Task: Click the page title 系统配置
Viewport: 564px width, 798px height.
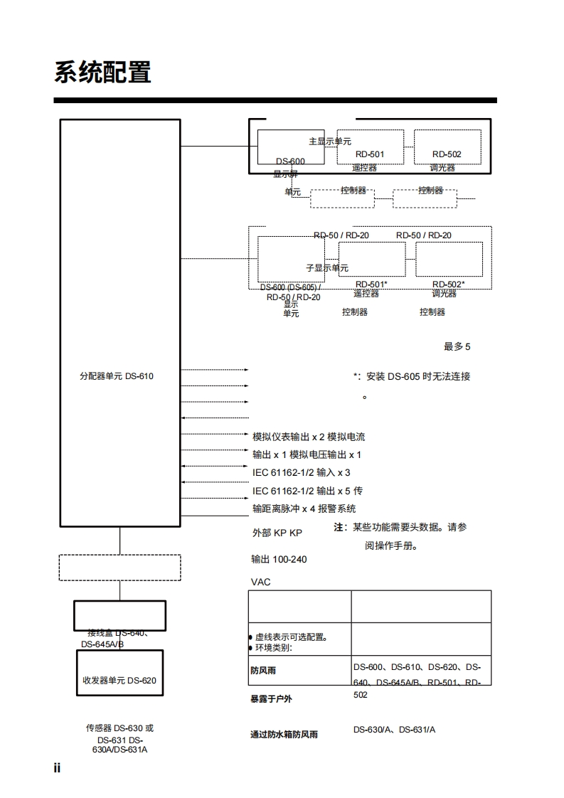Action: point(102,73)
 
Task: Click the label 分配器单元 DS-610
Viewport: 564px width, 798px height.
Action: point(116,376)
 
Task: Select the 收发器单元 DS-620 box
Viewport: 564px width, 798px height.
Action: point(119,680)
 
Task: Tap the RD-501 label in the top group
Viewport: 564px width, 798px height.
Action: point(370,154)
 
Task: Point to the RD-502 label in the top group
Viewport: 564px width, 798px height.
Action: point(447,154)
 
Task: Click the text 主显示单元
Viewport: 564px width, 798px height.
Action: point(330,142)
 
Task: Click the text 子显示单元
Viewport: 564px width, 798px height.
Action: point(327,268)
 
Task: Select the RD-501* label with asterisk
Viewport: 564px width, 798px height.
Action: point(371,284)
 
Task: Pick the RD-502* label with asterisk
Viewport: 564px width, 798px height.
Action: point(448,284)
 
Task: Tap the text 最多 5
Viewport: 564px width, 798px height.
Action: point(457,347)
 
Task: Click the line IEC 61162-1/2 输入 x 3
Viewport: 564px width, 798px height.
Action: point(301,472)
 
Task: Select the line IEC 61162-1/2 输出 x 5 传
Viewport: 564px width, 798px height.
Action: point(307,491)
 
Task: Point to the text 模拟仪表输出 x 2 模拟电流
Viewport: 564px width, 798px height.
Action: point(309,437)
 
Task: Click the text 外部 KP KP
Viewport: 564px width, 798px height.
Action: point(277,533)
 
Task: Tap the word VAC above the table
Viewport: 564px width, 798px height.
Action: point(261,582)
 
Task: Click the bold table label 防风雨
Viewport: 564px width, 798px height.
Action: point(263,671)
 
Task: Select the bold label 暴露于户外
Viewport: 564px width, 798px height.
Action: point(271,699)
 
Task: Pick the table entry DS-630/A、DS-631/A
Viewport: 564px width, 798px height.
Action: point(394,730)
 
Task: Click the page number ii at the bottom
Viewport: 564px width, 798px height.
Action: point(58,768)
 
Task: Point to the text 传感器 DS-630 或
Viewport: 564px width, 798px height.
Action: point(119,728)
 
